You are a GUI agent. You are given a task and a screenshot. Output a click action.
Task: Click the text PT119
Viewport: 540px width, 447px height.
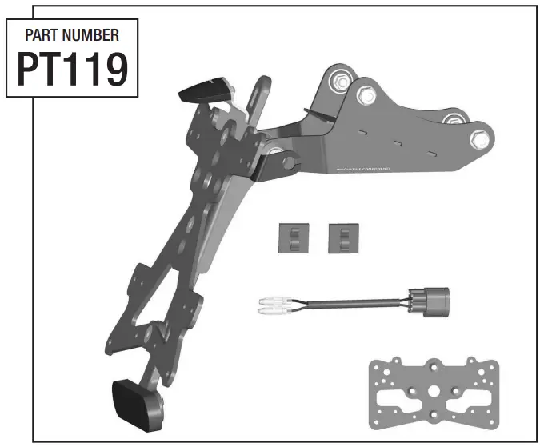(72, 70)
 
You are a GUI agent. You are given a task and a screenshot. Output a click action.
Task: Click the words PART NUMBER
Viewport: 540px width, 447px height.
(72, 35)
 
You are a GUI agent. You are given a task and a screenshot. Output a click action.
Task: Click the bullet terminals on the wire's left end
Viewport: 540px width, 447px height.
(273, 304)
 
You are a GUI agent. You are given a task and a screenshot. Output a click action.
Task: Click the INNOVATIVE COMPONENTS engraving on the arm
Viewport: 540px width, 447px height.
(362, 172)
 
